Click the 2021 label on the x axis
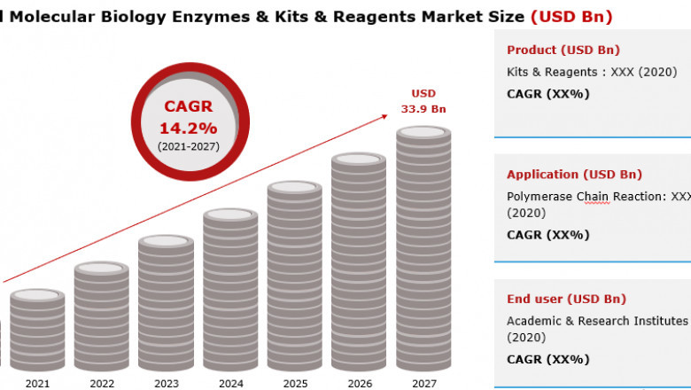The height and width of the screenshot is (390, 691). tap(37, 383)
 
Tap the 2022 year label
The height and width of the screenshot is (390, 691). tap(102, 383)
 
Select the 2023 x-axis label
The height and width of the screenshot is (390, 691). tap(167, 383)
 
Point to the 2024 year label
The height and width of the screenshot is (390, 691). tap(231, 383)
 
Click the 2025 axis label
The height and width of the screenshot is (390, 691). tap(295, 383)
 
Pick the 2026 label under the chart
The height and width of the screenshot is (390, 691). tap(360, 383)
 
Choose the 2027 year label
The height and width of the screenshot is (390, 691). tap(423, 383)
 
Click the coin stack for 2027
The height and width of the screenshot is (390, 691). tap(423, 248)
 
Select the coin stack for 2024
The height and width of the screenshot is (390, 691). tap(230, 289)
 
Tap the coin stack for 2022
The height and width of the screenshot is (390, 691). tap(102, 316)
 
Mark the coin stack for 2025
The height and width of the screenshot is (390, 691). tap(295, 276)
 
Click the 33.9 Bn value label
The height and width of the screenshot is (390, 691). tap(423, 109)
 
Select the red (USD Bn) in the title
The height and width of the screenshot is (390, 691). tap(571, 16)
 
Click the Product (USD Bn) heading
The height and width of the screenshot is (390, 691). tap(563, 50)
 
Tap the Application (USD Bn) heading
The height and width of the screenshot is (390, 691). tap(574, 175)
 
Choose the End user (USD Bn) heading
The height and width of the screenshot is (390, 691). tap(566, 299)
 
